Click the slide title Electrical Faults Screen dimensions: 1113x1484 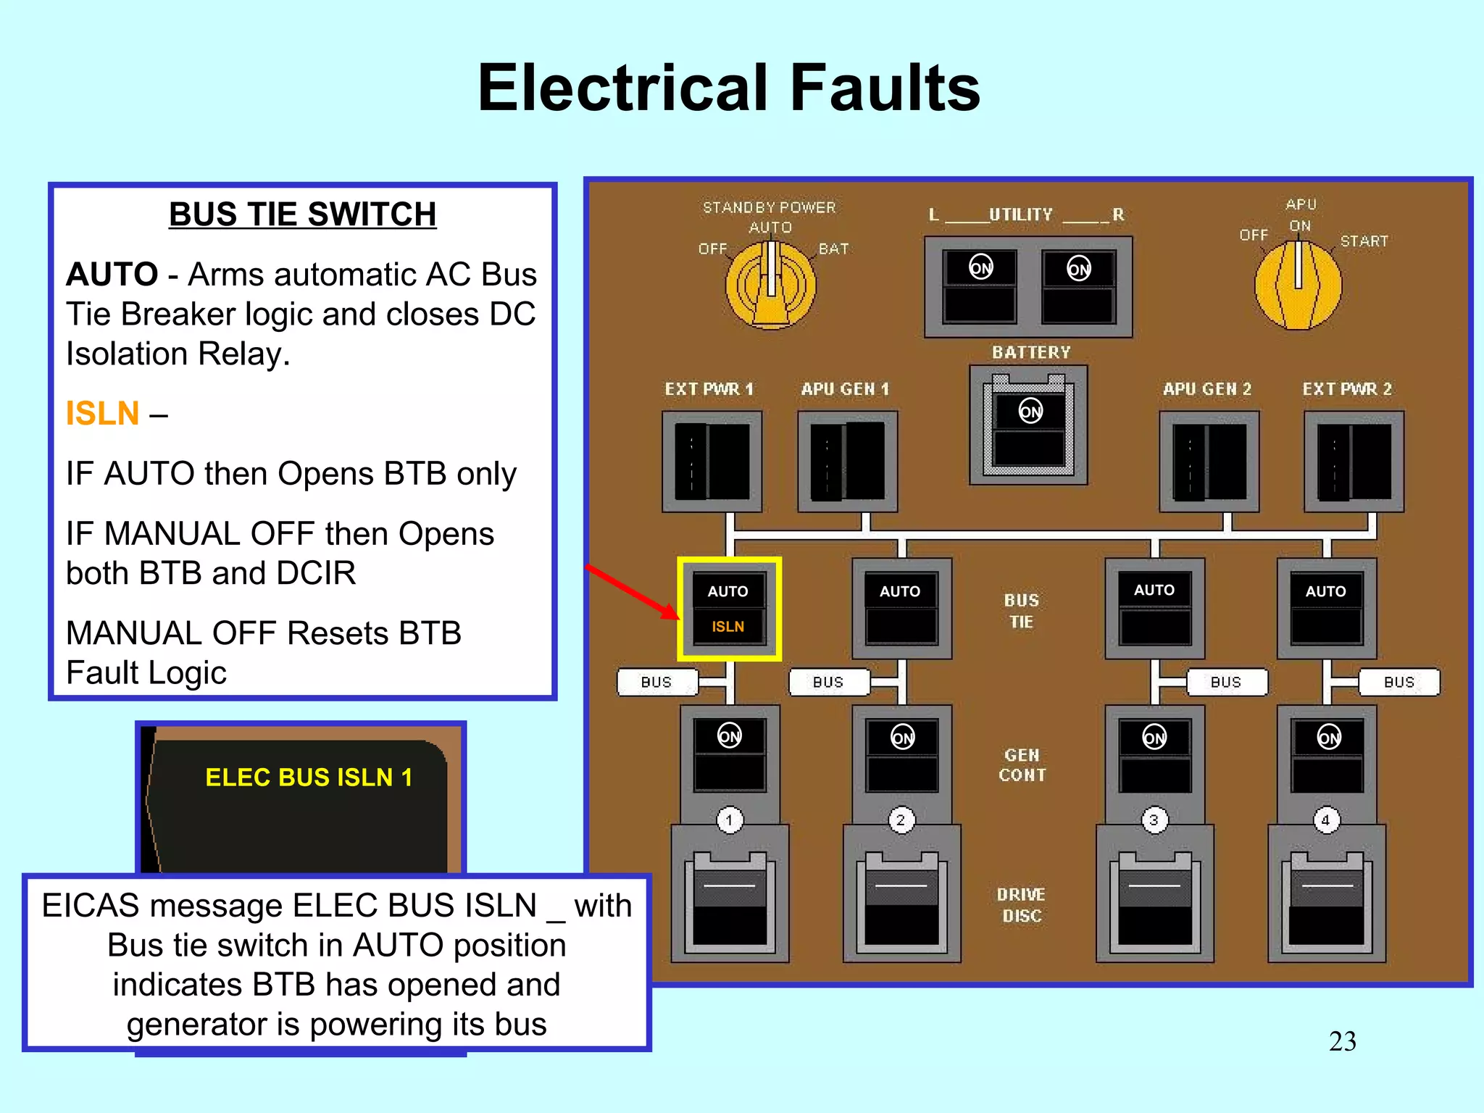[x=728, y=88]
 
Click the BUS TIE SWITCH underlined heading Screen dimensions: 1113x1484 [x=302, y=214]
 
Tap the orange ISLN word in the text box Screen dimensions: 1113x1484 [x=102, y=414]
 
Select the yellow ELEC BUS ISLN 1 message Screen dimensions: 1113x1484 [x=309, y=778]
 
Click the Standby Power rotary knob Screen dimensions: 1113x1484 [x=771, y=285]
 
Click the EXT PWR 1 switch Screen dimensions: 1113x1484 [x=712, y=462]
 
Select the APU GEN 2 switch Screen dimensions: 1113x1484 [x=1209, y=462]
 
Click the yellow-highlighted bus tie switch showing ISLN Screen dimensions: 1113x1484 [x=728, y=609]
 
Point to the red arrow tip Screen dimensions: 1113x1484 [x=677, y=617]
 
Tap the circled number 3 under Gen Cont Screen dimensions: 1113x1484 [x=1154, y=820]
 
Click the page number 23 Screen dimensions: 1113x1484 [x=1342, y=1041]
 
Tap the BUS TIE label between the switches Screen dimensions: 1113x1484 [x=1021, y=611]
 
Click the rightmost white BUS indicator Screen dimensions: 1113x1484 [x=1398, y=682]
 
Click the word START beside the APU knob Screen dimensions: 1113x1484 [x=1364, y=241]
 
